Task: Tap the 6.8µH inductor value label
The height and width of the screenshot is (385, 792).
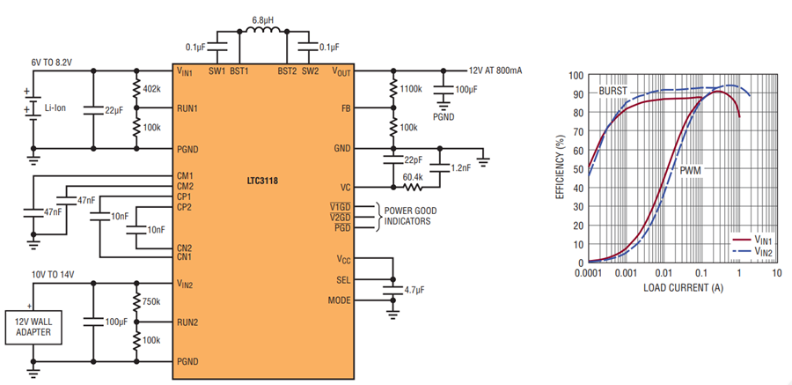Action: pyautogui.click(x=263, y=21)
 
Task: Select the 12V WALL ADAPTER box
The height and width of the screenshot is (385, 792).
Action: pyautogui.click(x=33, y=327)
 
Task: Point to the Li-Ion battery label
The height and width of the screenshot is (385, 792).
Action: pyautogui.click(x=55, y=107)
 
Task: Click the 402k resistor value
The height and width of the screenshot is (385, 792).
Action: pyautogui.click(x=151, y=88)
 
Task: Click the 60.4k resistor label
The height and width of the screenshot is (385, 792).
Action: pyautogui.click(x=414, y=177)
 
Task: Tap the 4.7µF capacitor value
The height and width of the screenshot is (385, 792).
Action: pyautogui.click(x=415, y=291)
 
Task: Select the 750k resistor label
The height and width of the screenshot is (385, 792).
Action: pyautogui.click(x=151, y=301)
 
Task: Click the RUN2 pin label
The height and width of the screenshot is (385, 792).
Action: pyautogui.click(x=187, y=322)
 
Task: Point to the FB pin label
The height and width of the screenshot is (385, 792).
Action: pyautogui.click(x=346, y=107)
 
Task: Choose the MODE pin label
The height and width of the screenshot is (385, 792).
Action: pyautogui.click(x=340, y=300)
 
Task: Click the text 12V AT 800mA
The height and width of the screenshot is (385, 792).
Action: pyautogui.click(x=495, y=70)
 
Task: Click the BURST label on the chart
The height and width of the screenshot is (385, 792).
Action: pyautogui.click(x=612, y=91)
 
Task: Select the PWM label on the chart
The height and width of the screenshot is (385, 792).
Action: pyautogui.click(x=690, y=171)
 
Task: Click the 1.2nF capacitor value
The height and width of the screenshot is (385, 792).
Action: pyautogui.click(x=460, y=168)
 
